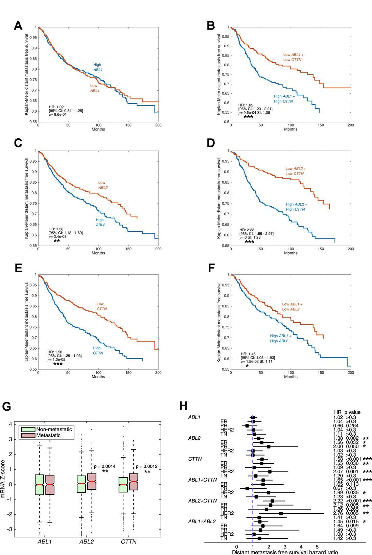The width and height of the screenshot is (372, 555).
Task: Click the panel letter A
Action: pyautogui.click(x=18, y=26)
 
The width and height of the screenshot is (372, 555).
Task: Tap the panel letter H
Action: pyautogui.click(x=183, y=406)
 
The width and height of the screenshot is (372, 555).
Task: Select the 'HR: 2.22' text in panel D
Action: pyautogui.click(x=247, y=230)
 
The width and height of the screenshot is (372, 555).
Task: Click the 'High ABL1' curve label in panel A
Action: pyautogui.click(x=97, y=67)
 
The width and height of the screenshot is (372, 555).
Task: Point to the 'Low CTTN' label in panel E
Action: pyautogui.click(x=101, y=306)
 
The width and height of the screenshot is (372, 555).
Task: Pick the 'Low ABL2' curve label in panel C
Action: pyautogui.click(x=102, y=185)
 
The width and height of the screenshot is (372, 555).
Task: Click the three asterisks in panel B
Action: pyautogui.click(x=248, y=117)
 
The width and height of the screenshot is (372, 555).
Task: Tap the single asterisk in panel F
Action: pyautogui.click(x=247, y=366)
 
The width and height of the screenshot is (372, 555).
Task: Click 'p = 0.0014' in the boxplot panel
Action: pyautogui.click(x=104, y=466)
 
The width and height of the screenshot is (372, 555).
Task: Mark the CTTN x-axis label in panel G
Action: pyautogui.click(x=129, y=541)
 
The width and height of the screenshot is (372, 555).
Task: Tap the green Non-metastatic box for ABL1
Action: pyautogui.click(x=40, y=485)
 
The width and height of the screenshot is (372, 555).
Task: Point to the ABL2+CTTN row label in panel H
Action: pyautogui.click(x=202, y=501)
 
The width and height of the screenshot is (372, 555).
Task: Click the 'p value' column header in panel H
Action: pyautogui.click(x=352, y=412)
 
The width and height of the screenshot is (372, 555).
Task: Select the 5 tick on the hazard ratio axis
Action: pyautogui.click(x=317, y=547)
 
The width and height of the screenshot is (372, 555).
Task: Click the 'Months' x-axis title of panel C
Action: pyautogui.click(x=98, y=253)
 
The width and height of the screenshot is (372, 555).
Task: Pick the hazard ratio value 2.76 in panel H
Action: pyautogui.click(x=338, y=513)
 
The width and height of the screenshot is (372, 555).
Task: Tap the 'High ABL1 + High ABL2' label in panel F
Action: pyautogui.click(x=280, y=338)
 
